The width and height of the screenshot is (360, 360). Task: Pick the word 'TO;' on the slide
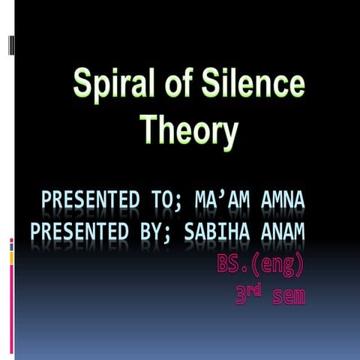point(164,202)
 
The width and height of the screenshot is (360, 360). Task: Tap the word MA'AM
point(223,202)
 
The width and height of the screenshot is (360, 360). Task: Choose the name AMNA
point(283,202)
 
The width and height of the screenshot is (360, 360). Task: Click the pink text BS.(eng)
point(259,264)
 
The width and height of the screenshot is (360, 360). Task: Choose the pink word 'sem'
point(289,296)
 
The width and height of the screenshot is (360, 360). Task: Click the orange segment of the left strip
point(11,257)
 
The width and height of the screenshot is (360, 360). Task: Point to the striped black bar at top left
point(10,46)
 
